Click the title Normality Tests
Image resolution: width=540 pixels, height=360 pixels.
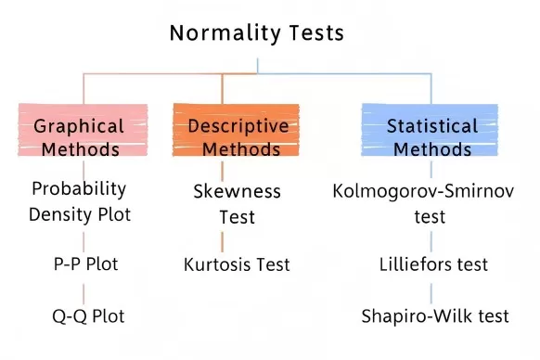point(257,33)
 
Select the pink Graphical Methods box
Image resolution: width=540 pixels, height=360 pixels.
point(84,135)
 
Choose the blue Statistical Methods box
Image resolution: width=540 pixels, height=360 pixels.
point(431,135)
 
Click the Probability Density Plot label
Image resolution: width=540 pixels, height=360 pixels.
point(82,201)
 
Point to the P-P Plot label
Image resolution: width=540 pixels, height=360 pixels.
point(84,264)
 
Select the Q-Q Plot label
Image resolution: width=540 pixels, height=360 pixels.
point(87,315)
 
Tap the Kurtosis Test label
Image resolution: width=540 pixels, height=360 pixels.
point(237,264)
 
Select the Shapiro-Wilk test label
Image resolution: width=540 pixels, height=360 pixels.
point(435,316)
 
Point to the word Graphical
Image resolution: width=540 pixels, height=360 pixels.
point(78,125)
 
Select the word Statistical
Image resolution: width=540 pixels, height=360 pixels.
point(432,125)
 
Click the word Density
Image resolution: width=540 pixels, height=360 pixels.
point(57,214)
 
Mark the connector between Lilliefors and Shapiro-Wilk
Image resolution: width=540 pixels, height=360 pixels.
point(430,290)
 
